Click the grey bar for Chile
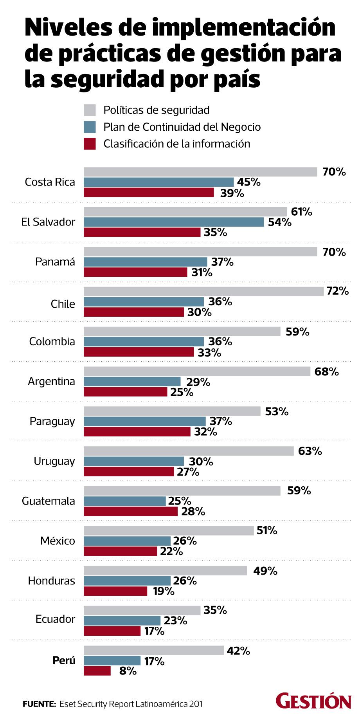pyautogui.click(x=203, y=291)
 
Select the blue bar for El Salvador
pyautogui.click(x=174, y=222)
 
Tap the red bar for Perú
pyautogui.click(x=97, y=671)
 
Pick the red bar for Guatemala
pyautogui.click(x=130, y=511)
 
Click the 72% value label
pyautogui.click(x=337, y=291)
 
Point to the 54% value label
pyautogui.click(x=280, y=222)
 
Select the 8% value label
pyautogui.click(x=128, y=671)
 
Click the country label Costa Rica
pyautogui.click(x=50, y=182)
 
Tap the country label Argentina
pyautogui.click(x=51, y=381)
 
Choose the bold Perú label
pyautogui.click(x=64, y=661)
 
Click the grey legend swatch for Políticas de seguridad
pyautogui.click(x=90, y=110)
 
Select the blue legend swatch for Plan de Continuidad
pyautogui.click(x=90, y=127)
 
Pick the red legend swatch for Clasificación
pyautogui.click(x=90, y=144)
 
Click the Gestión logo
pyautogui.click(x=313, y=701)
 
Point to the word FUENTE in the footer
pyautogui.click(x=40, y=704)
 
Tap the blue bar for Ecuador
pyautogui.click(x=122, y=620)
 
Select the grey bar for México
pyautogui.click(x=169, y=530)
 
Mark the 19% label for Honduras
pyautogui.click(x=164, y=591)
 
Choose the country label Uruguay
pyautogui.click(x=54, y=461)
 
